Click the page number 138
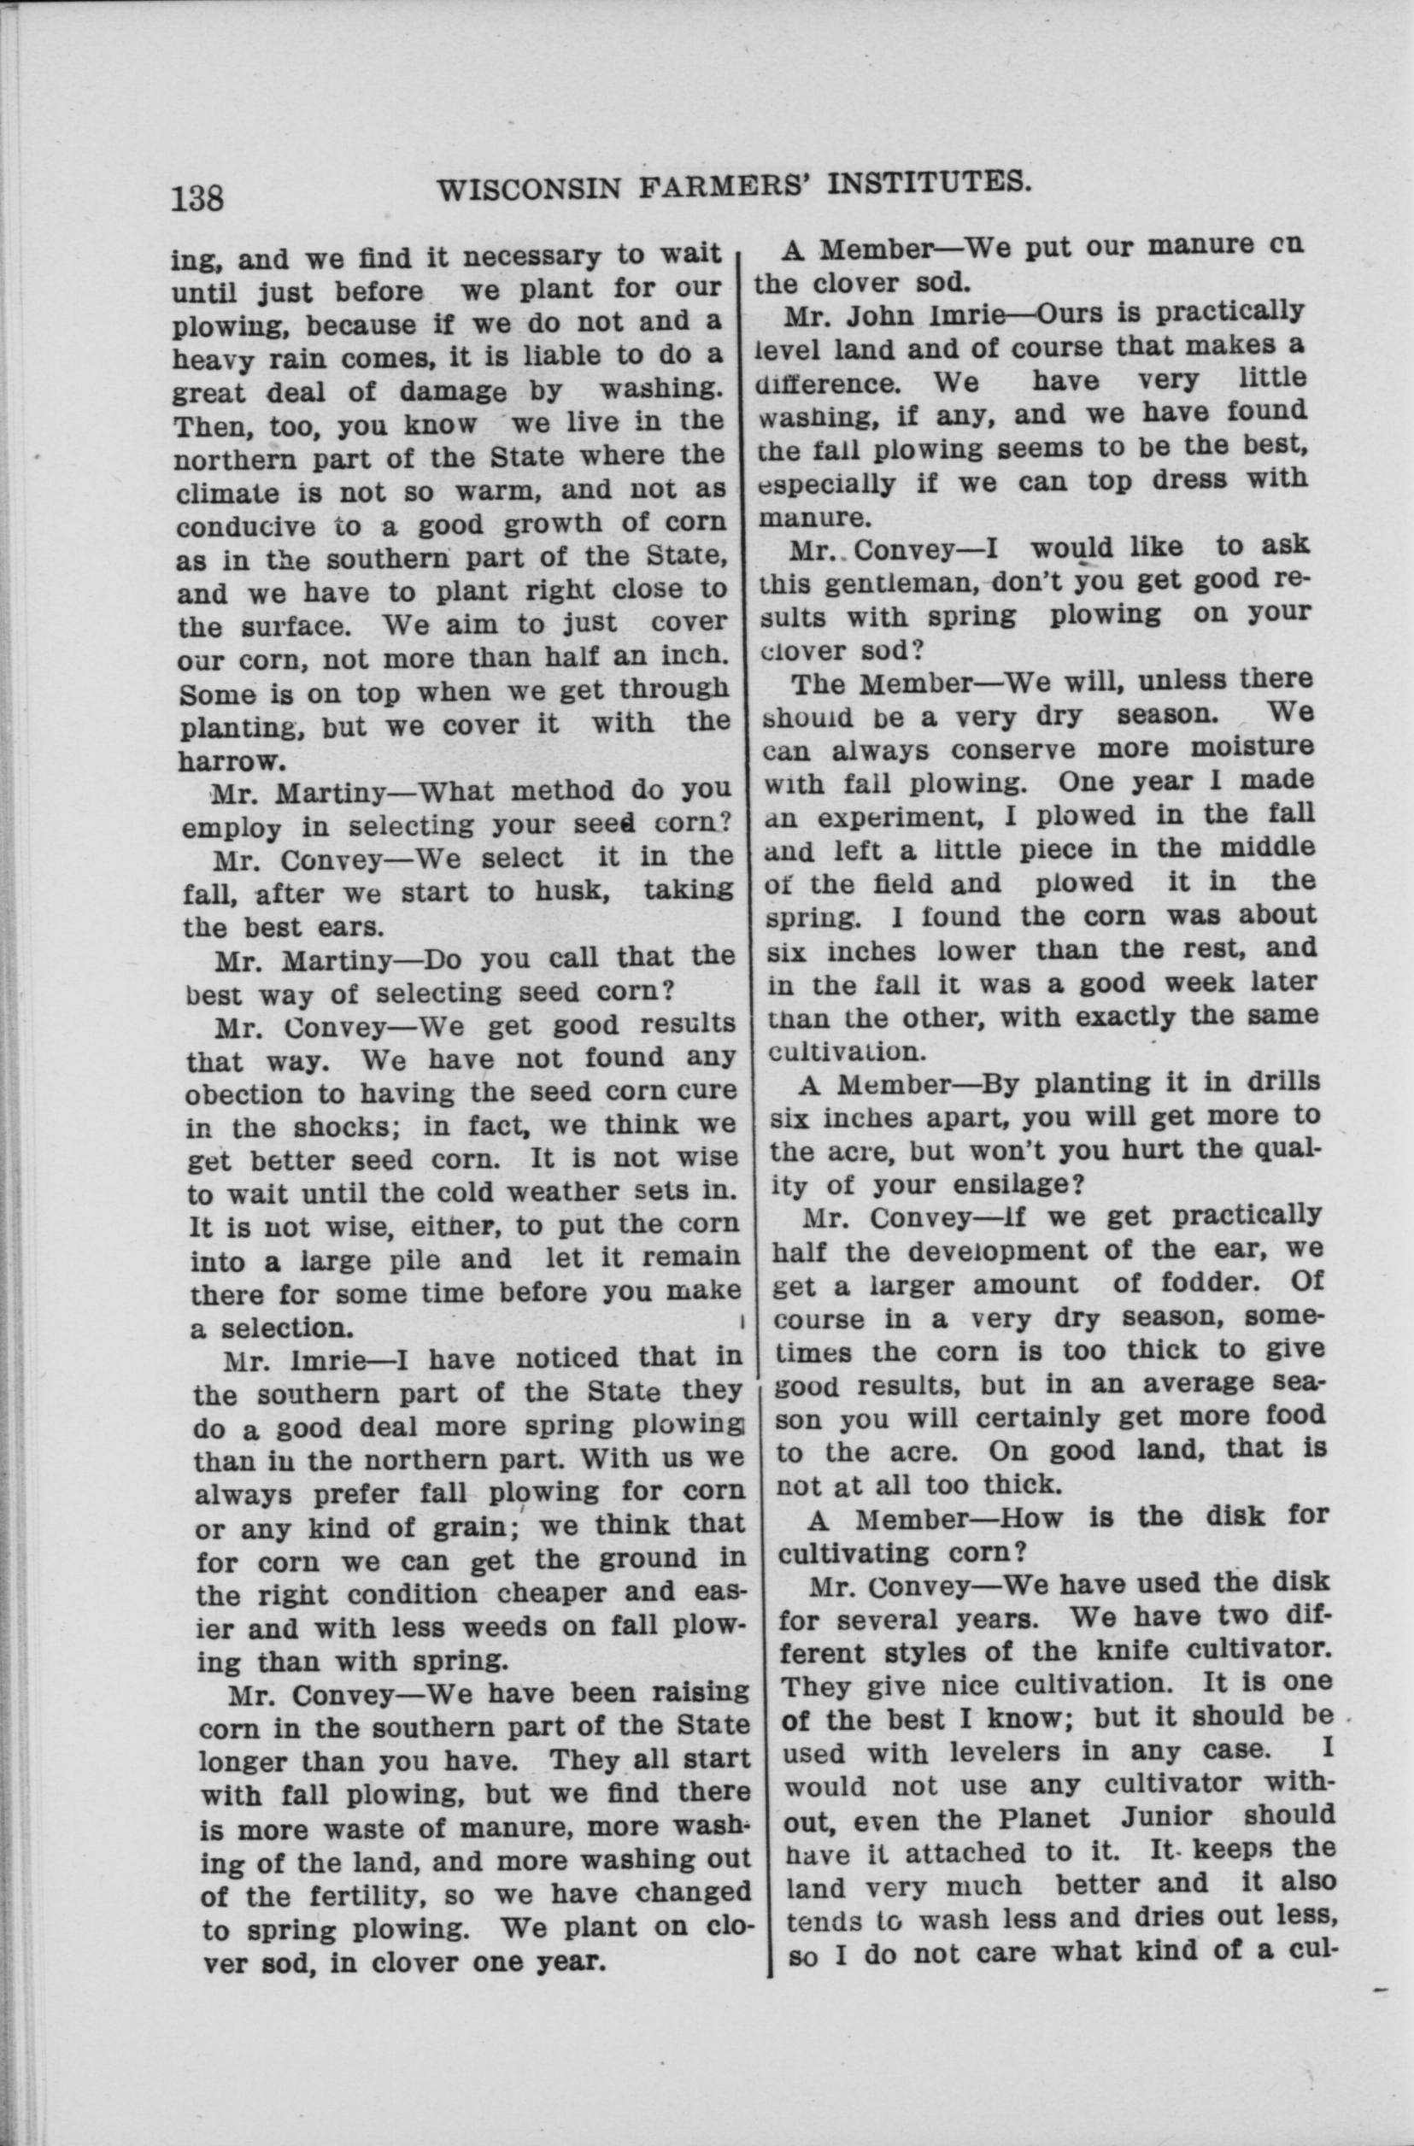pos(197,196)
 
